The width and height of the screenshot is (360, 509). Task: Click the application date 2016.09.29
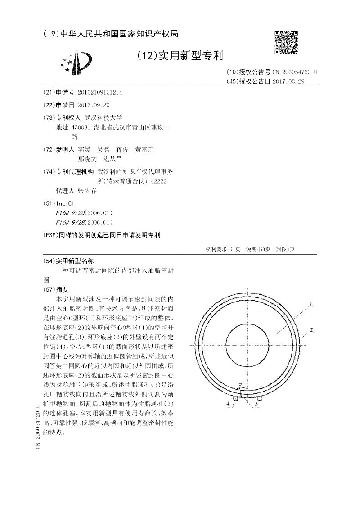click(x=94, y=105)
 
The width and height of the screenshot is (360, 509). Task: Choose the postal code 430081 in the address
click(x=81, y=127)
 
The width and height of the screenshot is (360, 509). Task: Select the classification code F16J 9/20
click(x=66, y=212)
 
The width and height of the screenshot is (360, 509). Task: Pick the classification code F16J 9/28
click(x=66, y=222)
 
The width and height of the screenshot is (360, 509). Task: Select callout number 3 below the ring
click(x=256, y=405)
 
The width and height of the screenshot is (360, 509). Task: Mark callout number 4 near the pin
click(x=228, y=405)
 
